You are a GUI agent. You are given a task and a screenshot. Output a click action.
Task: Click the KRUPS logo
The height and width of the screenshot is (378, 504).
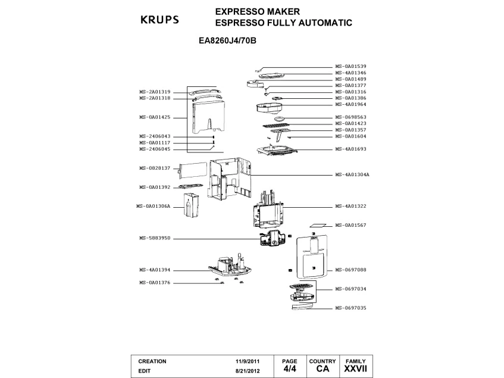159,19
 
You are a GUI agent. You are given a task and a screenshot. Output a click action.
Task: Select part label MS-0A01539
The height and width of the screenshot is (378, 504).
350,66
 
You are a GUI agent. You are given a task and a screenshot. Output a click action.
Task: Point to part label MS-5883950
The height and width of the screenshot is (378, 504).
155,238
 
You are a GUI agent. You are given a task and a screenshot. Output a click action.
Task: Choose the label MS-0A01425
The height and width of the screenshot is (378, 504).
155,117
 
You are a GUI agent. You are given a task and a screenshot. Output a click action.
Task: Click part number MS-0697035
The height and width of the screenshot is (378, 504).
350,308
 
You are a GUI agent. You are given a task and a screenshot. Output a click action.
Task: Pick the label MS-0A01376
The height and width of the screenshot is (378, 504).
155,282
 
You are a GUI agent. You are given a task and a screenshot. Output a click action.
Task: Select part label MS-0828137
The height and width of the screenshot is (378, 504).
155,168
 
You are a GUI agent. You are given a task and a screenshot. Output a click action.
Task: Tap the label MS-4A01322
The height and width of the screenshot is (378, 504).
350,206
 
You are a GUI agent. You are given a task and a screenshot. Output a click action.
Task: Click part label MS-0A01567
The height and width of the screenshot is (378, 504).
350,226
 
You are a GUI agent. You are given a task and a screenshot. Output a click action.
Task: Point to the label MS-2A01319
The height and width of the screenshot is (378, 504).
155,92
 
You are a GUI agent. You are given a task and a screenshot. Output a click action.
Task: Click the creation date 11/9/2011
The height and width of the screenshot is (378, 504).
248,361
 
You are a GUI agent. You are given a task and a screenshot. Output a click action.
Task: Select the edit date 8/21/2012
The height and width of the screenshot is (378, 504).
248,370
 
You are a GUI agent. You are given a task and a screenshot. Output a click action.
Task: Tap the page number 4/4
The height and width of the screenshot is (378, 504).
289,369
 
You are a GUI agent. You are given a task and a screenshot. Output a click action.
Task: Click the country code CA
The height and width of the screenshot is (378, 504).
323,369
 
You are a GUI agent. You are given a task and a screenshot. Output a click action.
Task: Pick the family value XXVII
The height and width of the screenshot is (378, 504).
355,369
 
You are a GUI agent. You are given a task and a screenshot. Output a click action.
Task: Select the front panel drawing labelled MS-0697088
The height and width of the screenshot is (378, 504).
311,254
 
